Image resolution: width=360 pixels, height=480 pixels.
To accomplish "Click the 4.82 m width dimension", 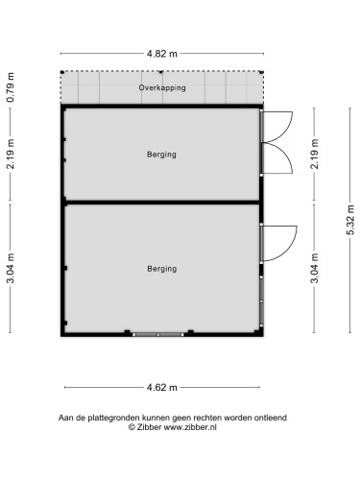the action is point(161,54).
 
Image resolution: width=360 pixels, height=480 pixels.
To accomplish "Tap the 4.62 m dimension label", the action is point(161,388).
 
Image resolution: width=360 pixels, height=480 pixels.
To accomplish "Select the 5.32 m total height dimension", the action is point(350,220).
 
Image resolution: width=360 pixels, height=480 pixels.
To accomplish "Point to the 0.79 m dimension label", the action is point(11,87).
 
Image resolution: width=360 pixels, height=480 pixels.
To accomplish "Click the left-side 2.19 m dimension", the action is point(11,154).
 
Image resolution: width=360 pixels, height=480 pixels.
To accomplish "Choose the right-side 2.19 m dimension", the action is point(315,154).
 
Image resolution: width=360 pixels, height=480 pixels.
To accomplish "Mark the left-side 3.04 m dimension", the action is point(11,268).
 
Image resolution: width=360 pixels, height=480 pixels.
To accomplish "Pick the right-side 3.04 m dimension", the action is point(315,268).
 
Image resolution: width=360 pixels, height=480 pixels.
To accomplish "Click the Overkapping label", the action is point(162,87).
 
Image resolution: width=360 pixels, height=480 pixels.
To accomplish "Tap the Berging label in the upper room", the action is point(161,155).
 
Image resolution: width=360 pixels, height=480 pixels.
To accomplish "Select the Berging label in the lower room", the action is point(162,269).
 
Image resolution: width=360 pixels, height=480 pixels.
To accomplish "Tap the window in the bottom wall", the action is point(158,334).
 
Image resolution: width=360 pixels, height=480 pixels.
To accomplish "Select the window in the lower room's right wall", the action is point(261,301).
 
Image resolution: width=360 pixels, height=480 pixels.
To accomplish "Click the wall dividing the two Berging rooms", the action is point(161,203).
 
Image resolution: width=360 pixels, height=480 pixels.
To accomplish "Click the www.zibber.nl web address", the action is point(190,427).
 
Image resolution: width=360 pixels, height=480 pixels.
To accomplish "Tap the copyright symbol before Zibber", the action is point(132,427).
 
